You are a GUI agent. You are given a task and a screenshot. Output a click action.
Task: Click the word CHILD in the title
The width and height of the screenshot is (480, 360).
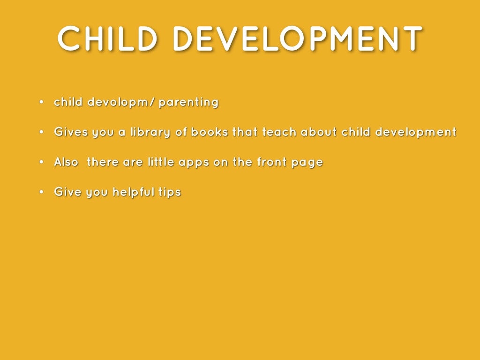pyautogui.click(x=107, y=38)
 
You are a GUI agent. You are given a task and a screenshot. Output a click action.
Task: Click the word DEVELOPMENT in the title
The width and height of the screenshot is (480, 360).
pyautogui.click(x=298, y=38)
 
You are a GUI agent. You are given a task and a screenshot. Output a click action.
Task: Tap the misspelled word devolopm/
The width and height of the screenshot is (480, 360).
pyautogui.click(x=120, y=102)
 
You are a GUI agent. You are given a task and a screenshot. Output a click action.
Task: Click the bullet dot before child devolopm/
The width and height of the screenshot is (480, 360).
pyautogui.click(x=42, y=102)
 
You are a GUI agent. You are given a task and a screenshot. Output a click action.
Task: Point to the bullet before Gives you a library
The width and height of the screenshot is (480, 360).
pyautogui.click(x=42, y=132)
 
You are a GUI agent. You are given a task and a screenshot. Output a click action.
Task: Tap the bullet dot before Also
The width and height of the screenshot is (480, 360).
pyautogui.click(x=42, y=162)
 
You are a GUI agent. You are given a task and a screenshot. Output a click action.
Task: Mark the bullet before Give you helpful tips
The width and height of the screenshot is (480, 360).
pyautogui.click(x=42, y=192)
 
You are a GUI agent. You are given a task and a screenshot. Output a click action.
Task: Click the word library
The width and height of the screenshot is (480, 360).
pyautogui.click(x=150, y=132)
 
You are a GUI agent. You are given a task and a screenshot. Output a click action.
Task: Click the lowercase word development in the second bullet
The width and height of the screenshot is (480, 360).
pyautogui.click(x=416, y=132)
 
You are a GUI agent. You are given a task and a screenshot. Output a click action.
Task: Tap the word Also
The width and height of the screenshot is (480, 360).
pyautogui.click(x=66, y=162)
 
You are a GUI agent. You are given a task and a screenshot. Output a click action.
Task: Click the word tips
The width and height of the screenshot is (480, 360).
pyautogui.click(x=170, y=192)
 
